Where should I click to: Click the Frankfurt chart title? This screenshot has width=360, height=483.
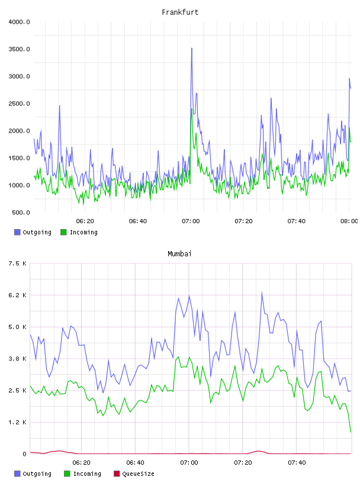click(x=180, y=12)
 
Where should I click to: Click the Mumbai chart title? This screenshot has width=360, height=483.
click(x=179, y=254)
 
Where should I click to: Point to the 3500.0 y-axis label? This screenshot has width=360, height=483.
click(x=19, y=49)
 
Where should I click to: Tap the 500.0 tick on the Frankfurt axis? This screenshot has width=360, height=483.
click(x=21, y=212)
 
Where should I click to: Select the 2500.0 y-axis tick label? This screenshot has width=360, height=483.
click(x=19, y=104)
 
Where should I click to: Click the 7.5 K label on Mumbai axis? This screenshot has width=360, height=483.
click(x=17, y=263)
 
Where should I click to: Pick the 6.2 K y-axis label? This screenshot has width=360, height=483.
click(x=17, y=295)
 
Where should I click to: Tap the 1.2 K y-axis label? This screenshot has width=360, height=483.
click(x=17, y=422)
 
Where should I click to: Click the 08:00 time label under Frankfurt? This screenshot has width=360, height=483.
click(x=349, y=221)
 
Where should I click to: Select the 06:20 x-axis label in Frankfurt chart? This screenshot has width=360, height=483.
click(x=85, y=221)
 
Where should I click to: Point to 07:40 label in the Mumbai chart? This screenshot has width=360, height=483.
click(x=297, y=463)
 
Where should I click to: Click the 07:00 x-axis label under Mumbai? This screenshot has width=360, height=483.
click(x=189, y=463)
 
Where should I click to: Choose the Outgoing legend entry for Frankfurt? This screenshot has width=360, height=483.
click(x=33, y=232)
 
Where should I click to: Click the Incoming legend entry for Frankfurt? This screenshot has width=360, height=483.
click(x=79, y=232)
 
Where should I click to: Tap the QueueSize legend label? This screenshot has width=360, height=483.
click(x=138, y=474)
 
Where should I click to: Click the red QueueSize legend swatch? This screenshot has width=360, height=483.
click(x=117, y=474)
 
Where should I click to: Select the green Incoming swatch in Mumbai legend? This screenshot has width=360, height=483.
click(x=66, y=474)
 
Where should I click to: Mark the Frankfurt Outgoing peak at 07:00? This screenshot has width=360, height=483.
click(x=192, y=49)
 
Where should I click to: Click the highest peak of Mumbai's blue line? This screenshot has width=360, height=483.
click(x=262, y=292)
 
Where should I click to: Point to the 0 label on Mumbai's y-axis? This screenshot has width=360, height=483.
click(x=24, y=454)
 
